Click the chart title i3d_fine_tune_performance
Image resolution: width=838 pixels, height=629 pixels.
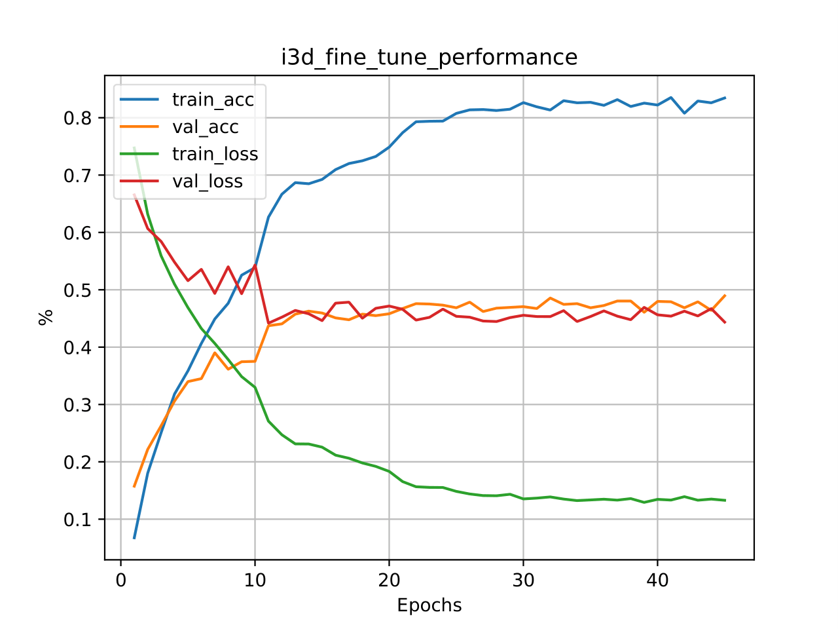click(429, 58)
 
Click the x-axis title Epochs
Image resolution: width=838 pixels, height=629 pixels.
click(429, 605)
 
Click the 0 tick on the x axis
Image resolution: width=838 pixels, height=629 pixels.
click(121, 581)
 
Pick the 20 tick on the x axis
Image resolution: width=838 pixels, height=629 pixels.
click(389, 581)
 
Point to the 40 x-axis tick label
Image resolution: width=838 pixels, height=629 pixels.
click(657, 581)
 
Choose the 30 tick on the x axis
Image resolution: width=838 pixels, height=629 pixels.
click(523, 581)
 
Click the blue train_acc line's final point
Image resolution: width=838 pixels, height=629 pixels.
click(725, 98)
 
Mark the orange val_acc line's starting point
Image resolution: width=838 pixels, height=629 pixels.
click(134, 487)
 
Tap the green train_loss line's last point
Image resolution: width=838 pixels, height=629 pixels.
click(725, 500)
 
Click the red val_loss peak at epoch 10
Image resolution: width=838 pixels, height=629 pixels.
click(255, 265)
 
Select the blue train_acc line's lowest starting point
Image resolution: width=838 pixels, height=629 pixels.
click(134, 538)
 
